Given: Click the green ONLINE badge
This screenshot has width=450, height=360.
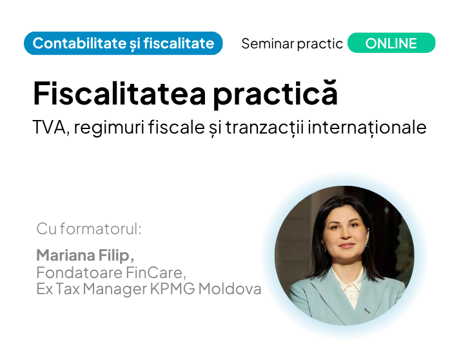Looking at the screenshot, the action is pos(391,43).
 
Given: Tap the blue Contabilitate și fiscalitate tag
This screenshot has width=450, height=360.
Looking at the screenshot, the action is pos(123,43).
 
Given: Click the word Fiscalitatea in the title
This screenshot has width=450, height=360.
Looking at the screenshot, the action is pos(119,94).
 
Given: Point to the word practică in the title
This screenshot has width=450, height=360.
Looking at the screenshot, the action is pos(275,94).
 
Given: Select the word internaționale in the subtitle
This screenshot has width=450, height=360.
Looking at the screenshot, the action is pos(367,127).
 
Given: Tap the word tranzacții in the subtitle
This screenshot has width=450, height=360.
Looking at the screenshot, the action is pos(265,127).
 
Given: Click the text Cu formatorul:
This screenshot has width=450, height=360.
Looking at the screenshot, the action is pos(89,229).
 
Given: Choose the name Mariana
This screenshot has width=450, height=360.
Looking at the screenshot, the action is pos(66,255).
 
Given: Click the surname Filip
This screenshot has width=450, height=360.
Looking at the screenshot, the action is pos(116,255).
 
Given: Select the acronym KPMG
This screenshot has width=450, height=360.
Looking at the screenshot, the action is pos(173,289).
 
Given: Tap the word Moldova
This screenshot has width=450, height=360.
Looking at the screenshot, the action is pos(230,289).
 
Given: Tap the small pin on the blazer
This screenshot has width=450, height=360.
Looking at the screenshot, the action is pos(367,310).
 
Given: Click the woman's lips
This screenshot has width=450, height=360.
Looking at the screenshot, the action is pos(347,245).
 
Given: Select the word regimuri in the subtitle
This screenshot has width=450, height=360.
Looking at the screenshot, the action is pos(109,128).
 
